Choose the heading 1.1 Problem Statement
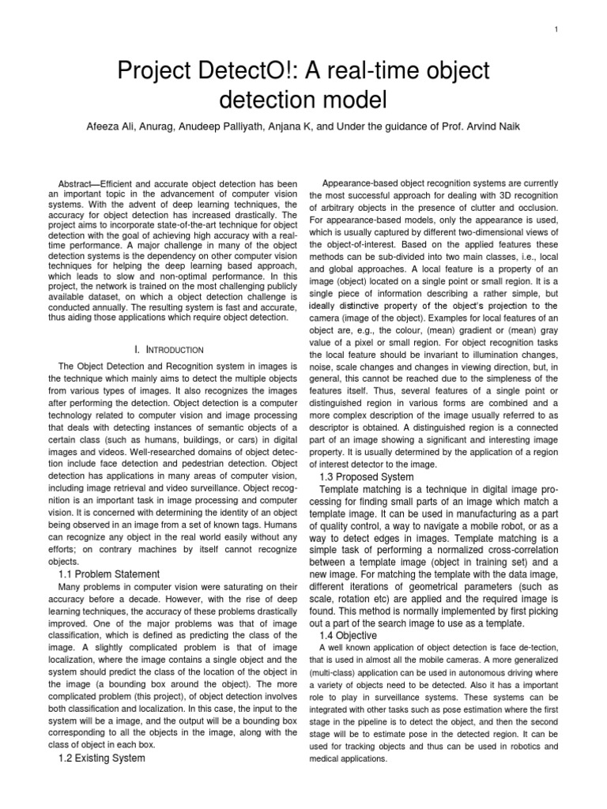click(109, 574)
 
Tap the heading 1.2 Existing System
click(102, 758)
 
